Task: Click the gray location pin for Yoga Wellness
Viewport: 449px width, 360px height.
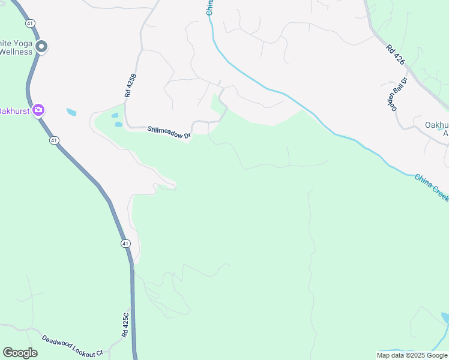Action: pyautogui.click(x=41, y=46)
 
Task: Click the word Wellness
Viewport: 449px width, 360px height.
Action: pyautogui.click(x=16, y=52)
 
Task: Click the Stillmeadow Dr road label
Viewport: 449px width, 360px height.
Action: pyautogui.click(x=169, y=133)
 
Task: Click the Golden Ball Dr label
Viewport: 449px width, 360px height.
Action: pyautogui.click(x=397, y=94)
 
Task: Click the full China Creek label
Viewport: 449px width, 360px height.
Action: pyautogui.click(x=432, y=187)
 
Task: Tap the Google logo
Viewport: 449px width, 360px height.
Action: pyautogui.click(x=20, y=353)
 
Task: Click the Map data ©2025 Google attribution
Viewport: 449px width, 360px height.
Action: pyautogui.click(x=412, y=355)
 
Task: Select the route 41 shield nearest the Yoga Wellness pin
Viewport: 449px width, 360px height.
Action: pyautogui.click(x=30, y=23)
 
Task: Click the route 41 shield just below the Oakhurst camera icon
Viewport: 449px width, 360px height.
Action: pyautogui.click(x=54, y=140)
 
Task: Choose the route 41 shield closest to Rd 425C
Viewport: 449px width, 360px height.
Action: pyautogui.click(x=125, y=244)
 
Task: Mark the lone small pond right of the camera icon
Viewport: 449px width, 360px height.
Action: pyautogui.click(x=71, y=112)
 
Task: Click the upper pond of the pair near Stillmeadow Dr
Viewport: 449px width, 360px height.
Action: pyautogui.click(x=115, y=116)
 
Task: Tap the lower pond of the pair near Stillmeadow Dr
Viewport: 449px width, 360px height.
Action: pyautogui.click(x=118, y=125)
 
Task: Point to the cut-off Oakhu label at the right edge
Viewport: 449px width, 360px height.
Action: pyautogui.click(x=436, y=125)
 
